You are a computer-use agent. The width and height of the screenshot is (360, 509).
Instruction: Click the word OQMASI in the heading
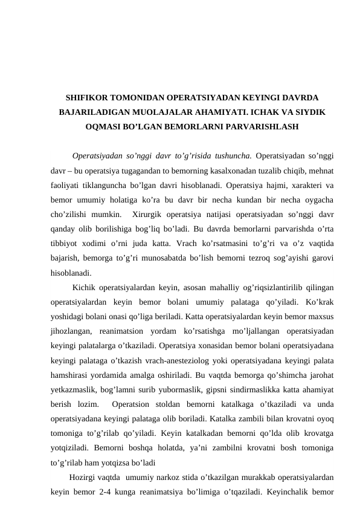coord(106,128)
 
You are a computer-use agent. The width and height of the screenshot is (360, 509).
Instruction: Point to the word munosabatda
coord(182,257)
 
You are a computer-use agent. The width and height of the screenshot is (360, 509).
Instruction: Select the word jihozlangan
coord(71,331)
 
